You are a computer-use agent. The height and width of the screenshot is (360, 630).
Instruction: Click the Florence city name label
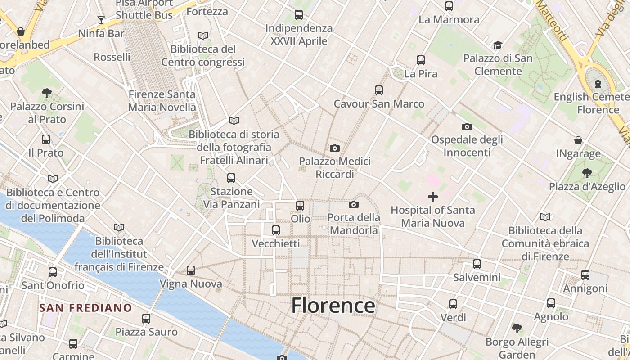tap(333, 306)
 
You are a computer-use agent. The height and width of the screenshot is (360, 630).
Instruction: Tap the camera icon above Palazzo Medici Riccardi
tap(334, 148)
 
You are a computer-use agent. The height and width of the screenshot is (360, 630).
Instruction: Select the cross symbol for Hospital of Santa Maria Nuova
tap(432, 197)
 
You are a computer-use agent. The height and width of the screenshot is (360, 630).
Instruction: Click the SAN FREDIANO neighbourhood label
tap(85, 308)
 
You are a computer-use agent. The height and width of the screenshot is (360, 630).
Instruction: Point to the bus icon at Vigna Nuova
tap(191, 270)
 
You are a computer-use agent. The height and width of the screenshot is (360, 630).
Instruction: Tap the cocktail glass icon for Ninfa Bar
tap(101, 20)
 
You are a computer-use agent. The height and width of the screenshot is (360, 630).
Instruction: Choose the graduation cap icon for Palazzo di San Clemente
tap(498, 45)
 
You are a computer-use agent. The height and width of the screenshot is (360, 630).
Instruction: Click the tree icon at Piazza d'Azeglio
tap(587, 173)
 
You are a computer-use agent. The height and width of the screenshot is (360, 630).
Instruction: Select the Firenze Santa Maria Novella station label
tap(162, 101)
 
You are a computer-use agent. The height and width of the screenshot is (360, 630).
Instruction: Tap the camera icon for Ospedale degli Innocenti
tap(467, 126)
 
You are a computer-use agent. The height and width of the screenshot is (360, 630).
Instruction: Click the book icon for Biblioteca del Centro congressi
tap(203, 36)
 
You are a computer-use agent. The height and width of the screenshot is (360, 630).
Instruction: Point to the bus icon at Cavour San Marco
tap(379, 90)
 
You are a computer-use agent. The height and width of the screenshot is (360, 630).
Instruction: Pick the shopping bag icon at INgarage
tap(578, 141)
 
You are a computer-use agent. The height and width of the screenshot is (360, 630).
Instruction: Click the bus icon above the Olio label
tap(300, 206)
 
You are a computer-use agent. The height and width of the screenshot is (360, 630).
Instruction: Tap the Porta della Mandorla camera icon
tap(354, 204)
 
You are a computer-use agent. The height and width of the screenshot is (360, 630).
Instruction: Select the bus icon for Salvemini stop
tap(477, 264)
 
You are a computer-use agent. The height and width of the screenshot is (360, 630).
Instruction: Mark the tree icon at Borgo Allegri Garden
tap(517, 328)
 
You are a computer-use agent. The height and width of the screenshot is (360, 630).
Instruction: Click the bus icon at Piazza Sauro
tap(146, 319)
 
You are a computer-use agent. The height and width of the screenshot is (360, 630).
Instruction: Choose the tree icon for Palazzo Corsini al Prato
tap(47, 93)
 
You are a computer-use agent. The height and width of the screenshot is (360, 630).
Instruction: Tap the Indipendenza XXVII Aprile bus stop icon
tap(299, 15)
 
